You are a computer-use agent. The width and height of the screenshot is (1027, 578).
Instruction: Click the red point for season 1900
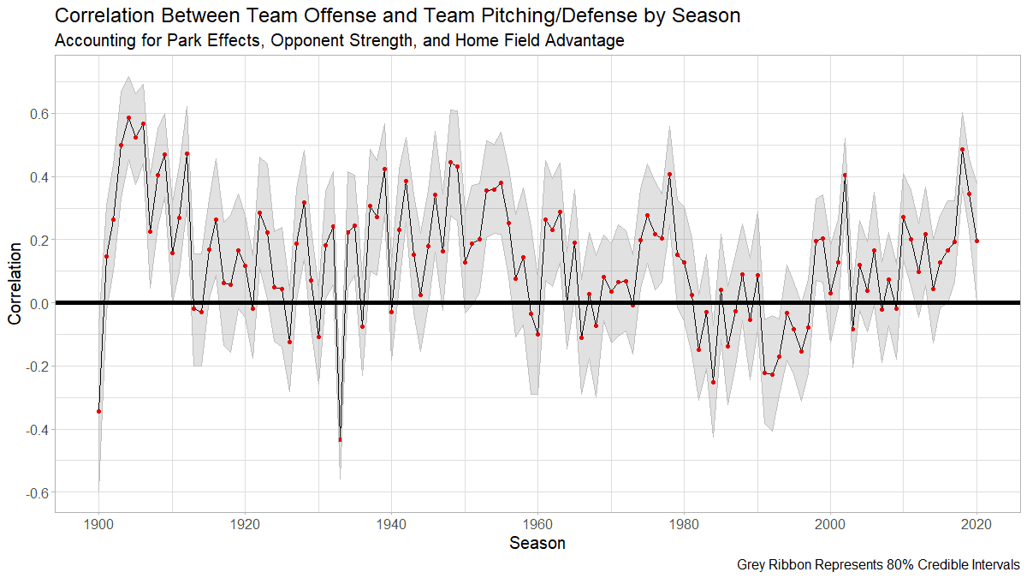pos(98,411)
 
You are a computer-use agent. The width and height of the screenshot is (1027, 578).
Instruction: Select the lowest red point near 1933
pos(340,439)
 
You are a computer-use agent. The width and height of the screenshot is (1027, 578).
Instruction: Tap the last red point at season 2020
pos(977,241)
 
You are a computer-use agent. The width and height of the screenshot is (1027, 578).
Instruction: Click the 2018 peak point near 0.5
pos(962,149)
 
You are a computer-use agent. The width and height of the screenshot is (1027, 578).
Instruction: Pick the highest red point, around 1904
pos(128,118)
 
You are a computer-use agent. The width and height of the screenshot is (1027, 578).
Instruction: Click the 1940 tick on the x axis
pos(391,522)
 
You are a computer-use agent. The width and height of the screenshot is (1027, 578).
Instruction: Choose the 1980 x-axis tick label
pos(684,522)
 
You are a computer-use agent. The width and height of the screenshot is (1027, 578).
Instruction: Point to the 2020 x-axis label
pos(977,522)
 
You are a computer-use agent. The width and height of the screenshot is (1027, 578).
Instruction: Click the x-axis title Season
pos(537,543)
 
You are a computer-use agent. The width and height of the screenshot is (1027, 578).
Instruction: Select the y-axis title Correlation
pos(15,283)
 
